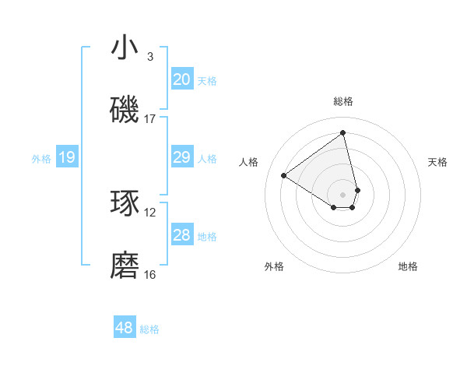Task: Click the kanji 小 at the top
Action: [125, 48]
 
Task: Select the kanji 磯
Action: [125, 111]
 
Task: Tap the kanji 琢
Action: [125, 203]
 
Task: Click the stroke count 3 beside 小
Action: [149, 57]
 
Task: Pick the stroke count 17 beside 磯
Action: [150, 119]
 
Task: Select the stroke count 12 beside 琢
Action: [150, 212]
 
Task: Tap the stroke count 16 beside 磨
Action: [150, 274]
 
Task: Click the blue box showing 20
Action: [182, 79]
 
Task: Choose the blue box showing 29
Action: [182, 158]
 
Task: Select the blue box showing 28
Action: [182, 236]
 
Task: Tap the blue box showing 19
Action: [67, 158]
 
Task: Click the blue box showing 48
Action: [125, 328]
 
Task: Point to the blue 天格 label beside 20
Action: [207, 80]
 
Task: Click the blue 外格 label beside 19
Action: [41, 159]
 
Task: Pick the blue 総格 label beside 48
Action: [149, 329]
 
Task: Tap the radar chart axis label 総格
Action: [343, 101]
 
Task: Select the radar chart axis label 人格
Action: [249, 162]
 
